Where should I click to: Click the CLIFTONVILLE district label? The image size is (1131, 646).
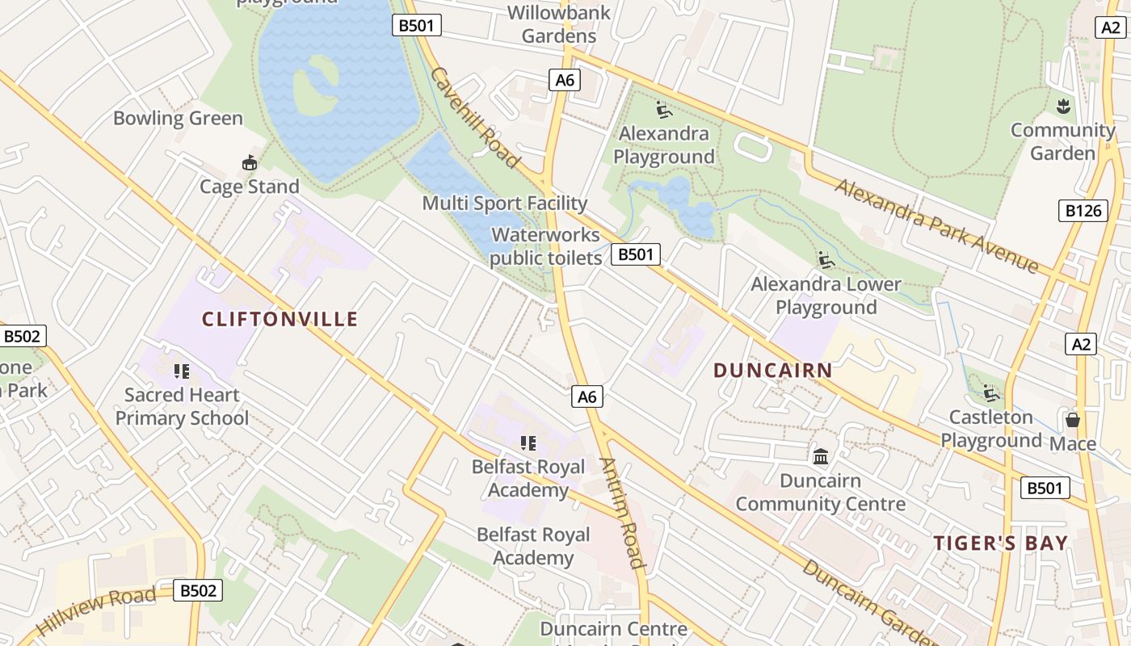[280, 319]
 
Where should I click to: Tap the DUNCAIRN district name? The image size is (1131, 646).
[772, 371]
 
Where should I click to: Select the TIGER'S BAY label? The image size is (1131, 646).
[1001, 543]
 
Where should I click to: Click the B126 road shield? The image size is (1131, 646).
[1083, 211]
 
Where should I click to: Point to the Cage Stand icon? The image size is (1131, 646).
[250, 163]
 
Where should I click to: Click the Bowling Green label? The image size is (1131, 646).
[178, 118]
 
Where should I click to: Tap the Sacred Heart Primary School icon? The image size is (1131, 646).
[182, 371]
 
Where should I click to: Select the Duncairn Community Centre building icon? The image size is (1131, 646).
[821, 457]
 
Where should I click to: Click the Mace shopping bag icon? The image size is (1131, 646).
[1073, 420]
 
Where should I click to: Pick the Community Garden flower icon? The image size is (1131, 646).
[1063, 106]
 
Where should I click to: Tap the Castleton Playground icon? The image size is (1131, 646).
[991, 394]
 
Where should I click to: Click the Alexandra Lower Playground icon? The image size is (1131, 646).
[826, 260]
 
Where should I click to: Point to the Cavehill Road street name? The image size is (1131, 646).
[474, 118]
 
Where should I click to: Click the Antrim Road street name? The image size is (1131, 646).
[622, 514]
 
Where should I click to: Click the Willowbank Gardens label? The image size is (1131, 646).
[559, 24]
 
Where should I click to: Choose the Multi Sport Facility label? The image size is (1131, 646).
[504, 203]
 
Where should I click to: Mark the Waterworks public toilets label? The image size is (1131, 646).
[546, 246]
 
